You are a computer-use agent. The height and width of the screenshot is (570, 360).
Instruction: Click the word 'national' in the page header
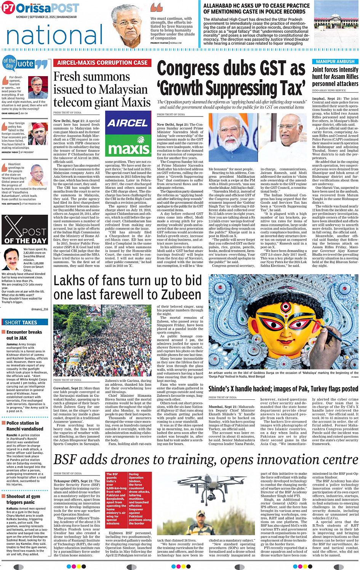point(54,35)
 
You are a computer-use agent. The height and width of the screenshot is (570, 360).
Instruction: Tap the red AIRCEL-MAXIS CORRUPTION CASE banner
point(102,63)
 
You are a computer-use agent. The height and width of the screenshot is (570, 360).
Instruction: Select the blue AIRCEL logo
point(128,123)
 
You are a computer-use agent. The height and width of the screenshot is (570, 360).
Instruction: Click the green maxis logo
point(128,148)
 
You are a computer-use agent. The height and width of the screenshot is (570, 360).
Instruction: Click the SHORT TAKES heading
point(21,323)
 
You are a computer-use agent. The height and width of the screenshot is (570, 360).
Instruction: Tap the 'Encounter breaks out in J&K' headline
point(24,335)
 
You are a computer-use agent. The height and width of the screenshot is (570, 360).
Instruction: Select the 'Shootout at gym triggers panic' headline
point(23,499)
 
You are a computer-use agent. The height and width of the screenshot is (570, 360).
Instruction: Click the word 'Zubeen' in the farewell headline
point(180,295)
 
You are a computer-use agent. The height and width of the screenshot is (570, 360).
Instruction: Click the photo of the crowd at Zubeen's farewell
point(102,340)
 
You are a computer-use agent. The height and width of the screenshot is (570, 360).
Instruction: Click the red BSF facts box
point(128,499)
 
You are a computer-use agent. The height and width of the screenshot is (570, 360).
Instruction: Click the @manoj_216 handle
point(40,309)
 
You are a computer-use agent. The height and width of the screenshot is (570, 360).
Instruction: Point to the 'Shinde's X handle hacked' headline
point(283,389)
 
